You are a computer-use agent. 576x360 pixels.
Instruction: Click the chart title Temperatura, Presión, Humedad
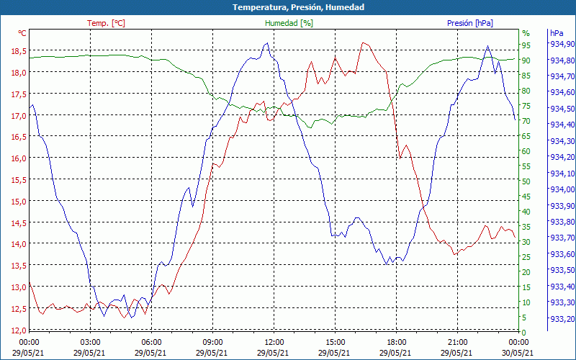[288, 7]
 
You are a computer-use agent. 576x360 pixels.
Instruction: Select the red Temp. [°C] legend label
[106, 23]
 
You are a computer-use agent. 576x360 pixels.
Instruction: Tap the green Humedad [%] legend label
[289, 23]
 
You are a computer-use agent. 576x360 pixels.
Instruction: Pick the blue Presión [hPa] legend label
[470, 23]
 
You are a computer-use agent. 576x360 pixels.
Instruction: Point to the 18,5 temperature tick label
[18, 51]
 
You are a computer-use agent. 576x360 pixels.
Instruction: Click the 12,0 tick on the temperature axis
[18, 330]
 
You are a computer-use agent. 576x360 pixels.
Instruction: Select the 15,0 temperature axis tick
[18, 202]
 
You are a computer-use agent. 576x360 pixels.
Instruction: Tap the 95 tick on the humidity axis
[526, 45]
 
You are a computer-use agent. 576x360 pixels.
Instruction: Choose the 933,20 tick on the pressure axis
[562, 319]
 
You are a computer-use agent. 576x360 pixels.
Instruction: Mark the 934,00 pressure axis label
[562, 189]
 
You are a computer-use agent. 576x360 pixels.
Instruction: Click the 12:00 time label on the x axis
[274, 342]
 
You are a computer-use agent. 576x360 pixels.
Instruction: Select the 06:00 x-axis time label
[152, 342]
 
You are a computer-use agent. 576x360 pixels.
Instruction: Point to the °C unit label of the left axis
[22, 33]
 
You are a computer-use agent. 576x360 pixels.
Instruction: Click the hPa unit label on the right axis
[557, 33]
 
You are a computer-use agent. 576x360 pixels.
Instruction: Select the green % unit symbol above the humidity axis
[526, 33]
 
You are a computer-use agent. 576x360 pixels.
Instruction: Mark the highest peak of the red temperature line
[364, 43]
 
